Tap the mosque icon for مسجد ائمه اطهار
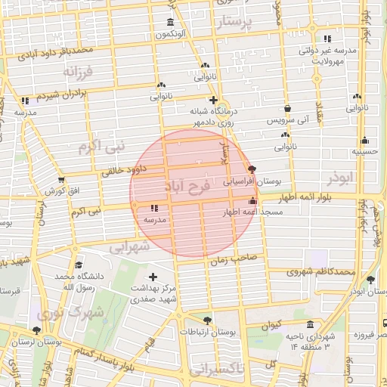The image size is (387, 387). pos(252,202)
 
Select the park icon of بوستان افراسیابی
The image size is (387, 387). pos(252,170)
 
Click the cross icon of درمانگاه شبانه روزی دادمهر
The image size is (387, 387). pos(214,100)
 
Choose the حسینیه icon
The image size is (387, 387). pos(365,140)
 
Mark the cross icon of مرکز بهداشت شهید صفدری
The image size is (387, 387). pos(155,277)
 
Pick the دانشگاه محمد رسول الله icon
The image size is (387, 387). pos(79,265)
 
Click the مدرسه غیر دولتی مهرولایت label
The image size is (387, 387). pos(328,55)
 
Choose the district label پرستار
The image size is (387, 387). pos(243,23)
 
